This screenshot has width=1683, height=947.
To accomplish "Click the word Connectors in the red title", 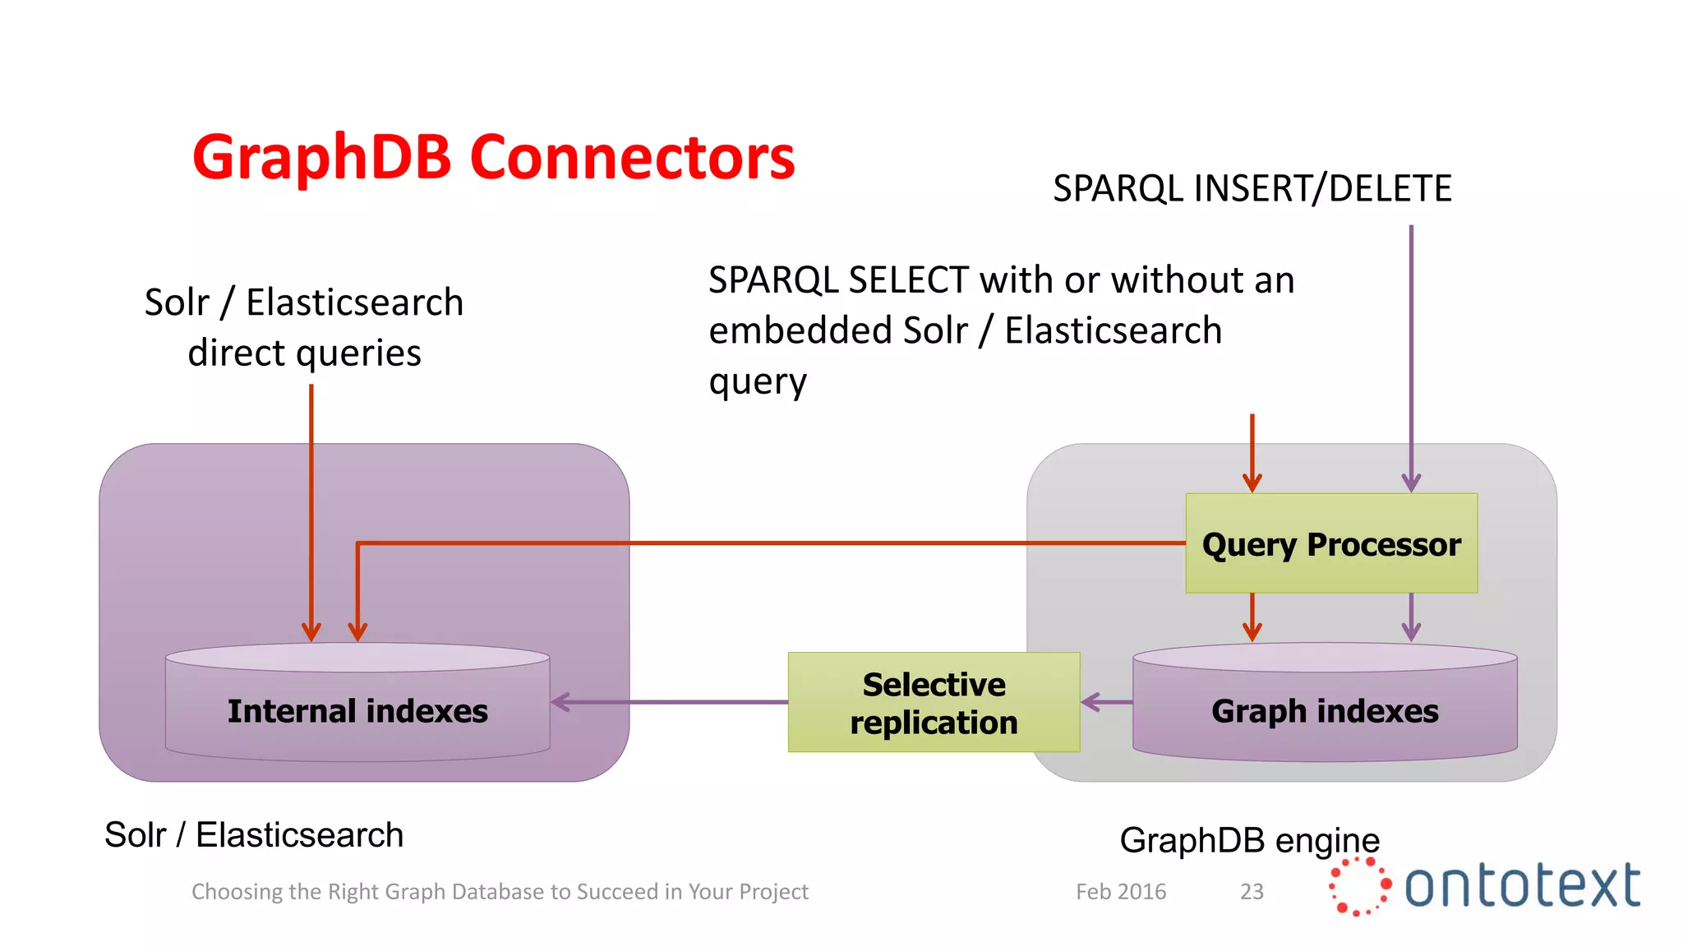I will [x=632, y=158].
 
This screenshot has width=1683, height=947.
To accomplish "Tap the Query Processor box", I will [x=1330, y=544].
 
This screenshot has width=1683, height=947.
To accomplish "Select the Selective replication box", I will [x=934, y=703].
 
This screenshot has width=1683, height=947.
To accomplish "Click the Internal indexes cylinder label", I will [x=357, y=711].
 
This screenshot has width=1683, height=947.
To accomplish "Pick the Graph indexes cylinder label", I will [x=1325, y=711].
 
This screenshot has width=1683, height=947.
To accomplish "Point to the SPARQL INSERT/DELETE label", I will [x=1252, y=189].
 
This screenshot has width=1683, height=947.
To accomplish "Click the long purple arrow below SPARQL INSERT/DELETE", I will [x=1411, y=353].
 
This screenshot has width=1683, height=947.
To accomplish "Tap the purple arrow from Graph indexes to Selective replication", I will [x=1107, y=702].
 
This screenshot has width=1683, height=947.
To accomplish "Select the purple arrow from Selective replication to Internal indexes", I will [x=670, y=702].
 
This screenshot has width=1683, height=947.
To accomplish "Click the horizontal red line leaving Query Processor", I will [x=772, y=543].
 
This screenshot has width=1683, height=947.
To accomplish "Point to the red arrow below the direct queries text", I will [x=311, y=510].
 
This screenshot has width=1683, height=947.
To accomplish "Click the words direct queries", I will [x=304, y=353].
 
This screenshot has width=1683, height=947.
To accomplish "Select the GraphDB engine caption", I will [x=1249, y=840].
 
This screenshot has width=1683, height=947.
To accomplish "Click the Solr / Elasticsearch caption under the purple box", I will [x=254, y=835].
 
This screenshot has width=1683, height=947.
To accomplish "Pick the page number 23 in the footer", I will [x=1252, y=892].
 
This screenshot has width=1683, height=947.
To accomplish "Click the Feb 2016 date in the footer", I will [x=1121, y=892].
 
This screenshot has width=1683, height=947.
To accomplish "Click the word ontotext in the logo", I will [x=1522, y=886].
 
